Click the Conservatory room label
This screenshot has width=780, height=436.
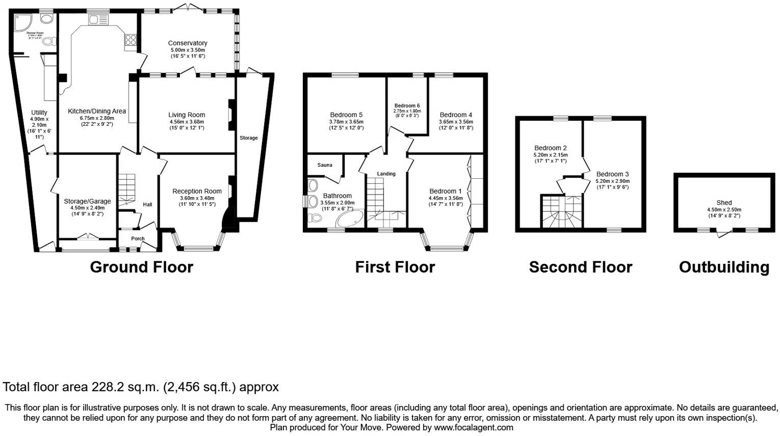click(x=188, y=43)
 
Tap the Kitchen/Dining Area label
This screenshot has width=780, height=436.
click(x=97, y=111)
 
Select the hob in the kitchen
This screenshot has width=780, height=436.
click(x=130, y=40)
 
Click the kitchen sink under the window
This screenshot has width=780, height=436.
click(x=98, y=20)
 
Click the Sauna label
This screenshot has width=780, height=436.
click(x=325, y=165)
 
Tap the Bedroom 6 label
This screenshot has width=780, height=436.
click(x=407, y=106)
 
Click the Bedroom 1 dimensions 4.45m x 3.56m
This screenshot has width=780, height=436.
click(x=446, y=198)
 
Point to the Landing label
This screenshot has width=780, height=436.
click(x=386, y=174)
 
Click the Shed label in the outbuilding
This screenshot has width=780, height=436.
click(x=724, y=203)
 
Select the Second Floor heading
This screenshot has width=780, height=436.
click(x=580, y=267)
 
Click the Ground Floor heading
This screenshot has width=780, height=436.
click(x=141, y=267)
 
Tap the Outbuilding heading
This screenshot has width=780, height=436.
click(x=724, y=267)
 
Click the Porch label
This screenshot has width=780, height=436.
click(x=138, y=238)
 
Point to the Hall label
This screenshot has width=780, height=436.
click(x=147, y=205)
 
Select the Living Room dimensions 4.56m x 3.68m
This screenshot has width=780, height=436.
click(x=187, y=122)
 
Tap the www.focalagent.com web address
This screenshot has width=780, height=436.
click(x=473, y=427)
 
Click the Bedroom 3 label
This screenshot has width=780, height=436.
click(x=612, y=174)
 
